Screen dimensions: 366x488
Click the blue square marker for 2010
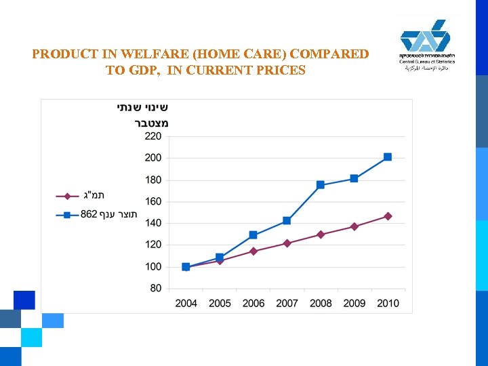(388, 157)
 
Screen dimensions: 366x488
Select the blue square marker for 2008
(321, 185)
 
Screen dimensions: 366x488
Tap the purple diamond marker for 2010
(388, 216)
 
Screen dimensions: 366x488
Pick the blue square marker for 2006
(253, 235)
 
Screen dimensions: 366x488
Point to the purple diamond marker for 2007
(287, 243)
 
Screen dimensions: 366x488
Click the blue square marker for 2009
(354, 179)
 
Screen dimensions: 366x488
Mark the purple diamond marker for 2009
(354, 226)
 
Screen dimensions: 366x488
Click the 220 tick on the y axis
(153, 136)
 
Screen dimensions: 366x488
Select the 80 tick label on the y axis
(156, 288)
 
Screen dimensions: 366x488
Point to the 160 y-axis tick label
(153, 201)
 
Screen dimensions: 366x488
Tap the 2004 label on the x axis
(186, 303)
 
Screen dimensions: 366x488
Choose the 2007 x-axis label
(287, 303)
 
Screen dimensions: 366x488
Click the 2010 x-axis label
(388, 303)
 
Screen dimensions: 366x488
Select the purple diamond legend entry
(81, 197)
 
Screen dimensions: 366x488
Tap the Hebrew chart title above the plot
(142, 115)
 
